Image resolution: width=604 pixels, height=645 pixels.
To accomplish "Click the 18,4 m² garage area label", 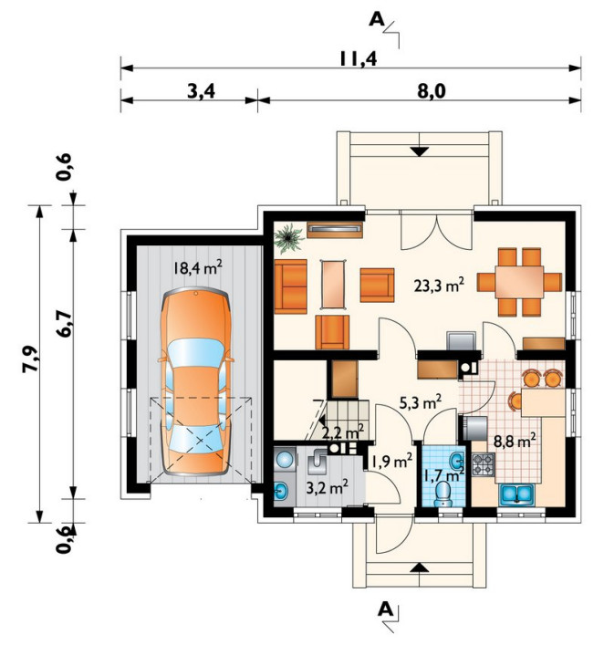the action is pos(198,268).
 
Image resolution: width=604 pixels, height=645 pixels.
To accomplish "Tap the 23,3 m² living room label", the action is pos(440,285).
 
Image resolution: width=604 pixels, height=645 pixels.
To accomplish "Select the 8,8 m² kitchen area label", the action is pos(515,442).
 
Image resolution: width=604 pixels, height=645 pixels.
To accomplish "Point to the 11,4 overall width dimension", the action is pos(358,59).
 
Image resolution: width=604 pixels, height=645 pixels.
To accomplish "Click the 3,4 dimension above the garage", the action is pos(202,92).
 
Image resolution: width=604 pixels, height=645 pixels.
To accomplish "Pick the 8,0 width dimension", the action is pos(432,92).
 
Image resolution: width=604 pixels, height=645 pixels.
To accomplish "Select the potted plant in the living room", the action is pos(287,238).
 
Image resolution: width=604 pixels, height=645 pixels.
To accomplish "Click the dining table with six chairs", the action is pos(519,282).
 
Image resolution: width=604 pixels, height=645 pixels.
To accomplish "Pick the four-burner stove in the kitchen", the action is pos(483,464).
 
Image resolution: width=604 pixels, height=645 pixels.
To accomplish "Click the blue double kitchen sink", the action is pos(516,494).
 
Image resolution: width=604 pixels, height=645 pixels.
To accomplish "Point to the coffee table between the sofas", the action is pos(333,285).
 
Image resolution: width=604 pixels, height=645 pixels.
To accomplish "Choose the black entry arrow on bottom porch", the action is pos(419,567).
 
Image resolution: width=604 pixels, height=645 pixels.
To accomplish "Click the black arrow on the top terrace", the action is pos(419,151).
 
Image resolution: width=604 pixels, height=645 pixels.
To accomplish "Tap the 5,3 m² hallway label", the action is pos(421,402).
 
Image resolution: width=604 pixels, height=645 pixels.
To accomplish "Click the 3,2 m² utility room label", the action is pos(328,487).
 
